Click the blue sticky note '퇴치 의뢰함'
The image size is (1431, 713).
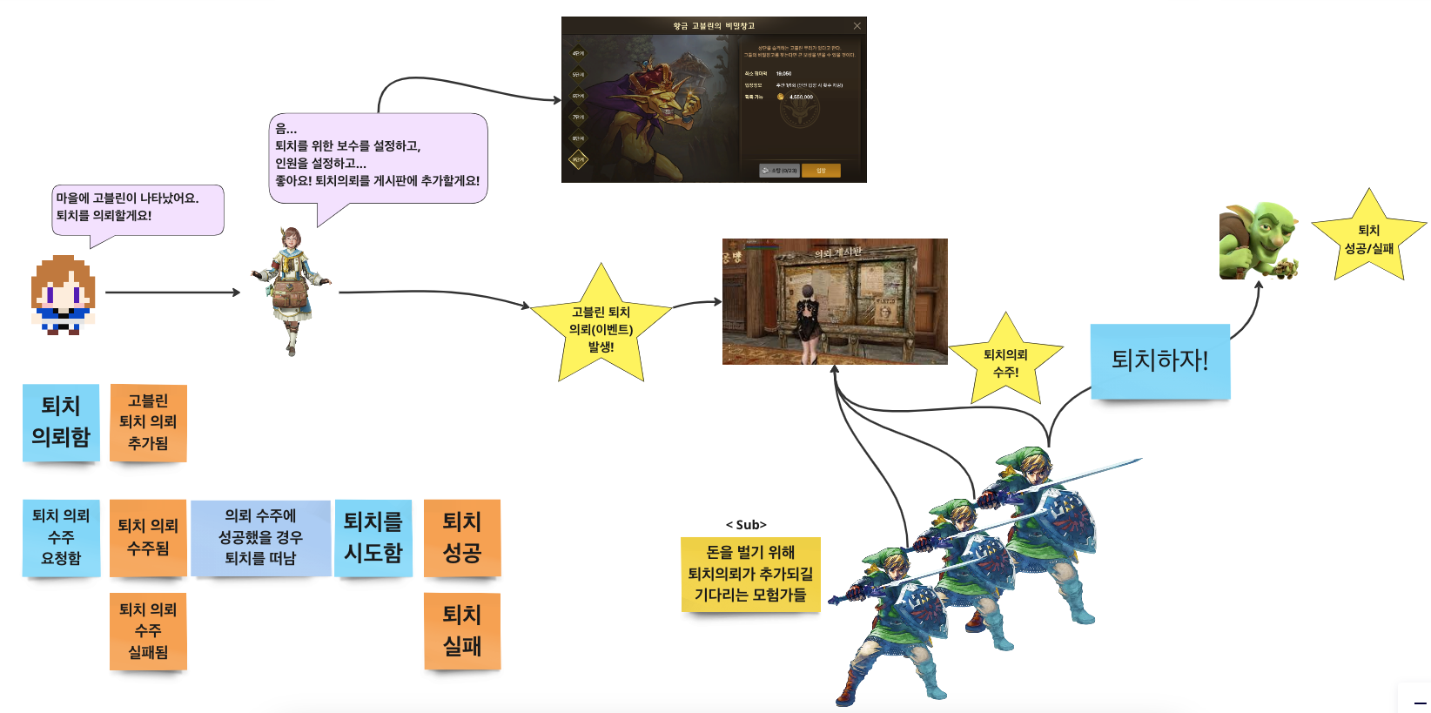tap(61, 422)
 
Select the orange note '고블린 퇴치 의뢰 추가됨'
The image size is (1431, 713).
tap(148, 422)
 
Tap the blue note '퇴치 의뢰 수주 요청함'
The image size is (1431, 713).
tap(61, 537)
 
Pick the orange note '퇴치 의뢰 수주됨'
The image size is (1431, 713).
tap(148, 537)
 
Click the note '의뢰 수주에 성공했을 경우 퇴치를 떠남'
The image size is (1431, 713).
tap(260, 537)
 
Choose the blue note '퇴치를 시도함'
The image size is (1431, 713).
tap(373, 537)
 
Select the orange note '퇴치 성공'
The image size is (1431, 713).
tap(461, 537)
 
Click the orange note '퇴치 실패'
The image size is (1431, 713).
tap(461, 631)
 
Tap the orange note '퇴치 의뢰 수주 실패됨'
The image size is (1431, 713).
tap(148, 631)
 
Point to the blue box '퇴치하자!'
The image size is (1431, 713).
tap(1159, 360)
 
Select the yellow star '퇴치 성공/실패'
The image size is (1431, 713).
tap(1368, 239)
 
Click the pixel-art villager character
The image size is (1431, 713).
tap(63, 294)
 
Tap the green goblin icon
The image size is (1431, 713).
tap(1259, 241)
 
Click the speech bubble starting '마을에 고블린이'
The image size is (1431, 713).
tap(138, 209)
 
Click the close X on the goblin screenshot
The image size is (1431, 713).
tap(857, 26)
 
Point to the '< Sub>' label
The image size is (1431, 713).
tap(746, 525)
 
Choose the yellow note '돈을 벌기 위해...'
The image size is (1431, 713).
tap(750, 574)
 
